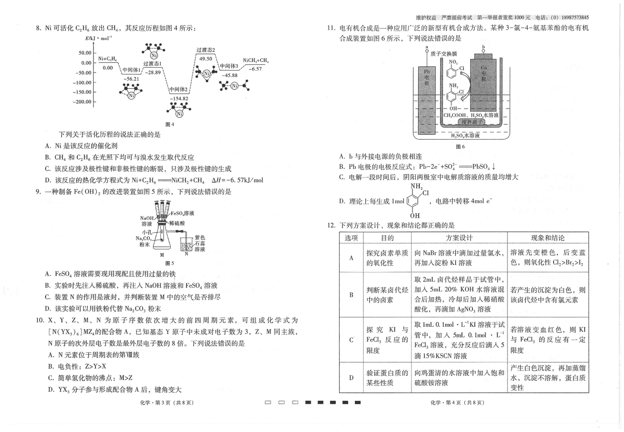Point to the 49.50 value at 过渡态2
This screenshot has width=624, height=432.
click(205, 59)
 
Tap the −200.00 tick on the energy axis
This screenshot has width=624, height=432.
click(82, 102)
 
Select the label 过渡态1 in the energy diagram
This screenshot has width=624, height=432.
click(153, 63)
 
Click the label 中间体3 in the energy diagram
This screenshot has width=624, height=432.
click(229, 66)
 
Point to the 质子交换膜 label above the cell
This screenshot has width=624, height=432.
click(444, 54)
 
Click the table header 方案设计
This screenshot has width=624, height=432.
click(459, 238)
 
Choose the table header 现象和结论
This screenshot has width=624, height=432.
click(548, 238)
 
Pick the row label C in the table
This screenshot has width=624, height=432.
click(351, 340)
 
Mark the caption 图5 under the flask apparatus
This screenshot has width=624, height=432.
click(169, 263)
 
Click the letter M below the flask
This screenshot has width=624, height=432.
click(162, 255)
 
